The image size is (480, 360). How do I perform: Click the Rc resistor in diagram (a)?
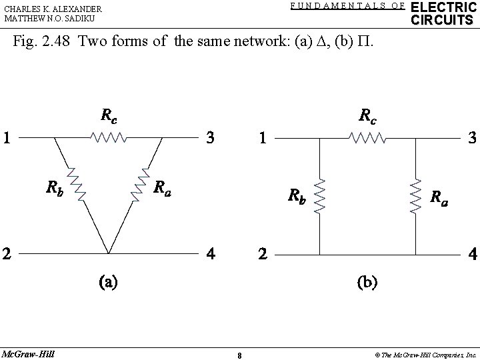[109, 138]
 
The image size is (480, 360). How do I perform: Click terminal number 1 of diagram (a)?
[7, 139]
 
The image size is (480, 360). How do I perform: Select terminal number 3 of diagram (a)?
[210, 139]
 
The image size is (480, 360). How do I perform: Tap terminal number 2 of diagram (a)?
[7, 254]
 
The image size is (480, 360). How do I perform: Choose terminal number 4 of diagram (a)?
[210, 254]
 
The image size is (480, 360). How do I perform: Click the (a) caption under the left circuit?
[108, 281]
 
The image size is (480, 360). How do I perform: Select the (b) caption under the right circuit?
[366, 281]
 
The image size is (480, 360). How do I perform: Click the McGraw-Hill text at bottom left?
[28, 352]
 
